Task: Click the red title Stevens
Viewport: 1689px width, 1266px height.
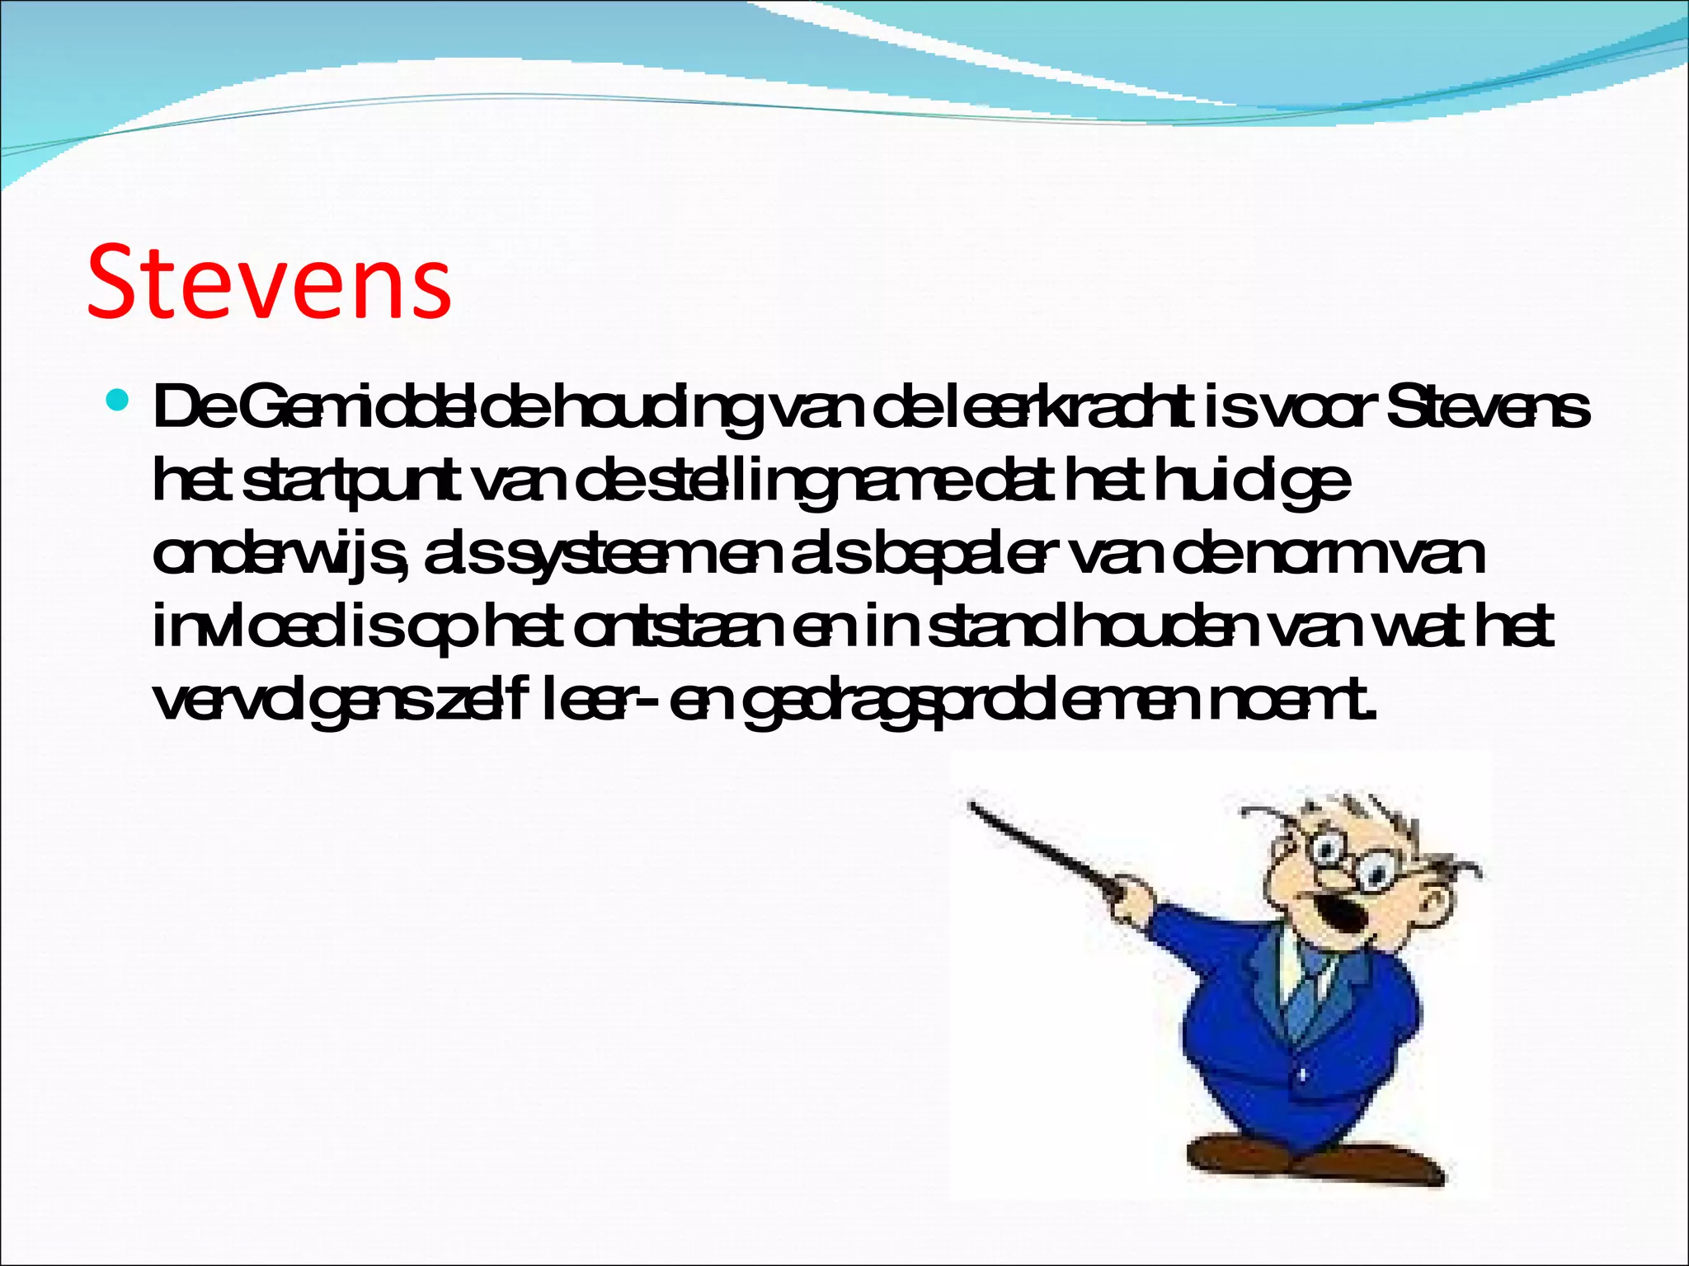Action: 269,282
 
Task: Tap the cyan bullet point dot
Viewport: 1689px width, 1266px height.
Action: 119,401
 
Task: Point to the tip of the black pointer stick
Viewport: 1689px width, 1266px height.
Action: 973,806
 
